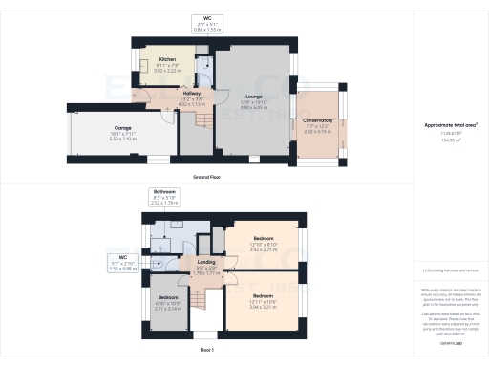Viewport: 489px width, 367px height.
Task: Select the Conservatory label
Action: pos(318,121)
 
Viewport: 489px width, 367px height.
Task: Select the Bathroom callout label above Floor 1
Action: pos(165,192)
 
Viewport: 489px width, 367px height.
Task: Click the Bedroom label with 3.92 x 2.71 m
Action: pos(263,237)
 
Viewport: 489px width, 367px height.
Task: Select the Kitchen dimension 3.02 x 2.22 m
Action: pos(167,71)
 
